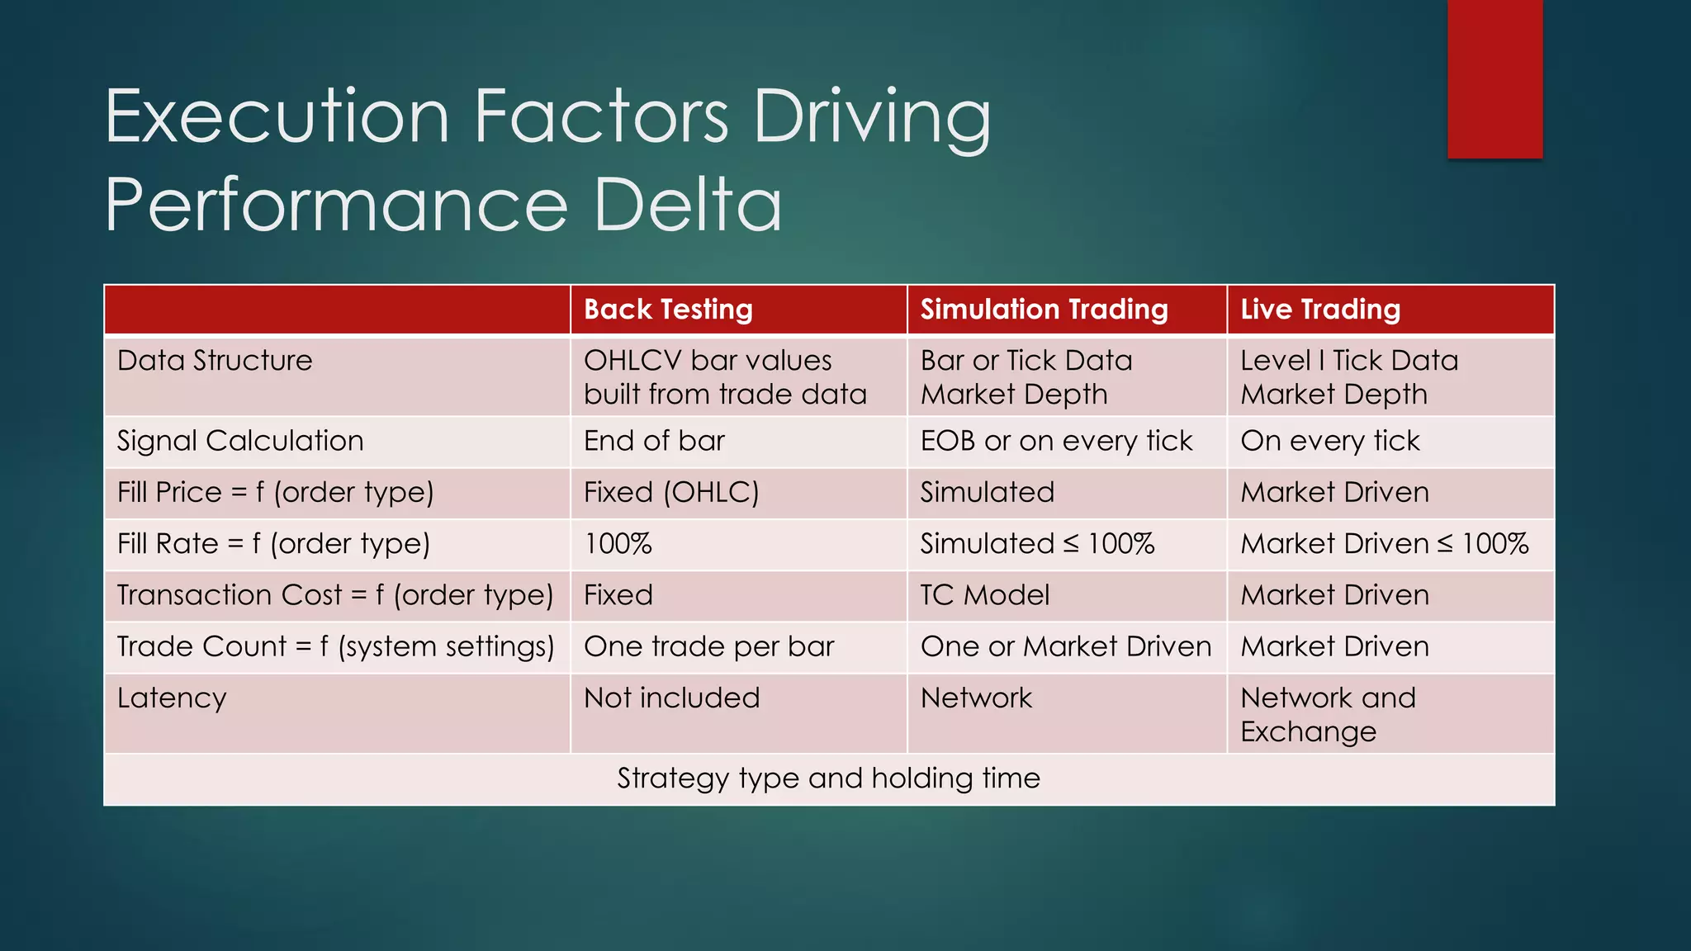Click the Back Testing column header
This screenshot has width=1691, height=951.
(668, 310)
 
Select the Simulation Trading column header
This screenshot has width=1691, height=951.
(1044, 310)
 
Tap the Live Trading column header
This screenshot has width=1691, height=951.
(1319, 310)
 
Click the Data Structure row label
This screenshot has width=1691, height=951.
(215, 361)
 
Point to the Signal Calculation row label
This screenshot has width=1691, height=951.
(240, 441)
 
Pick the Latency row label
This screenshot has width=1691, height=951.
(172, 698)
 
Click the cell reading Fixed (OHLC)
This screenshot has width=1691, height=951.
(671, 493)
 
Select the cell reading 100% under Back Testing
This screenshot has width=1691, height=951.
(618, 544)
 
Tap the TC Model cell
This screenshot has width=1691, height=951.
(984, 595)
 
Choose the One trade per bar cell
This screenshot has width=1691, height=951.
(708, 646)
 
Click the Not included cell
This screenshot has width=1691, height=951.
(671, 698)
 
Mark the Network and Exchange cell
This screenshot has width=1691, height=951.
(1327, 715)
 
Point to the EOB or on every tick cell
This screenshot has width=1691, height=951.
(1056, 441)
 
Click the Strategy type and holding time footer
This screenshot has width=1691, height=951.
(828, 778)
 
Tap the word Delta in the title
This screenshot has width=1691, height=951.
(687, 205)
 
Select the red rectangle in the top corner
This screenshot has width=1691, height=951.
(1494, 78)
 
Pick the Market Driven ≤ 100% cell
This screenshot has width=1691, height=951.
(1384, 544)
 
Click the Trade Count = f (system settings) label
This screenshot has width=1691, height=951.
(335, 646)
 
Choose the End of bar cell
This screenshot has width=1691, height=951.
(654, 441)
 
